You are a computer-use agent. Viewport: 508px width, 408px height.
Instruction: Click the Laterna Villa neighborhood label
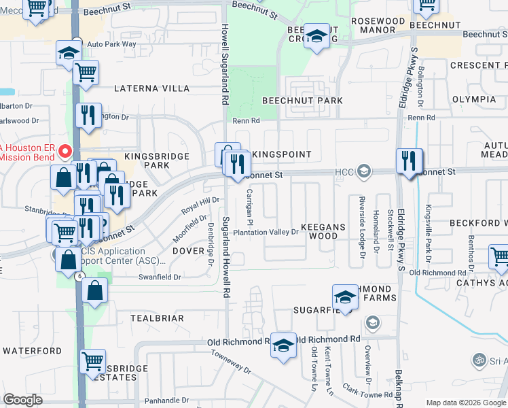point(151,88)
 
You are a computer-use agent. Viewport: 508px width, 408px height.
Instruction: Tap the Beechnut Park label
point(302,100)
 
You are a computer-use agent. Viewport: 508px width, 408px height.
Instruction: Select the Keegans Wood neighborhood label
point(323,231)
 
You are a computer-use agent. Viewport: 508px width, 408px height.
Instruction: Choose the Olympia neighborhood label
point(473,99)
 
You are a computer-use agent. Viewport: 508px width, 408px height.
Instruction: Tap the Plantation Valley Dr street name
point(266,232)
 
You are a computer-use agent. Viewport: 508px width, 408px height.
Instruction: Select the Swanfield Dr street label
point(160,277)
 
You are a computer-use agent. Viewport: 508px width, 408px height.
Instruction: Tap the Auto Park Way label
point(111,44)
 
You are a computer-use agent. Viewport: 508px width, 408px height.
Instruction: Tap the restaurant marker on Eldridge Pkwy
point(408,161)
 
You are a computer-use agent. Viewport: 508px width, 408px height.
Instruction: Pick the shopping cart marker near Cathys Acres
point(501,257)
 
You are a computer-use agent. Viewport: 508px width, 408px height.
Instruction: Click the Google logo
point(22,400)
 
